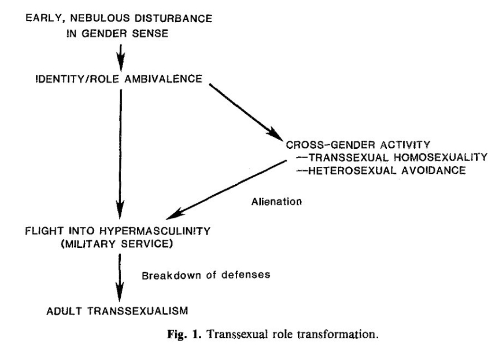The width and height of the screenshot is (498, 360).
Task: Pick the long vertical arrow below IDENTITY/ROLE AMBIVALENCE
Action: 121,152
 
